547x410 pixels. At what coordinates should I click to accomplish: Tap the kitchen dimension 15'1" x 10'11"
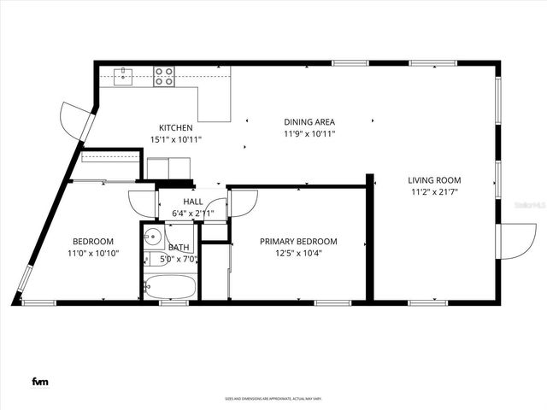[x=175, y=139]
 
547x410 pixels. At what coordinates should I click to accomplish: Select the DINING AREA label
[x=309, y=122]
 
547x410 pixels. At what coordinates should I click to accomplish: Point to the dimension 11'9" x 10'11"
[x=309, y=133]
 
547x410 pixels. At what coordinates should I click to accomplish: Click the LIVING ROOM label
[x=434, y=180]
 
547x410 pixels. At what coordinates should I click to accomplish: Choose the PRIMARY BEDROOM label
[x=298, y=242]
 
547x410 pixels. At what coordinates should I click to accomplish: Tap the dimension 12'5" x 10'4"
[x=298, y=254]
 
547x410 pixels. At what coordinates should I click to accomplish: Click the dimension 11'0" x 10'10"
[x=93, y=254]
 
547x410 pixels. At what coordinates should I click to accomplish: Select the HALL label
[x=193, y=202]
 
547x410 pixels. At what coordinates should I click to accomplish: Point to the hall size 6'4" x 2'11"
[x=193, y=214]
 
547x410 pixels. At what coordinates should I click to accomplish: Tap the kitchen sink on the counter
[x=125, y=75]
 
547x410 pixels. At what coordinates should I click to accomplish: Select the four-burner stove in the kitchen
[x=163, y=75]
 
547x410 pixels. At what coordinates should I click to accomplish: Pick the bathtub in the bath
[x=169, y=286]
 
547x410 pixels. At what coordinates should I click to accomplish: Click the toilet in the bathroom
[x=181, y=234]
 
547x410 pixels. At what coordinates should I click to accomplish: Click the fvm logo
[x=39, y=381]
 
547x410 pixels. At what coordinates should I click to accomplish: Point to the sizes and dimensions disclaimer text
[x=273, y=398]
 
